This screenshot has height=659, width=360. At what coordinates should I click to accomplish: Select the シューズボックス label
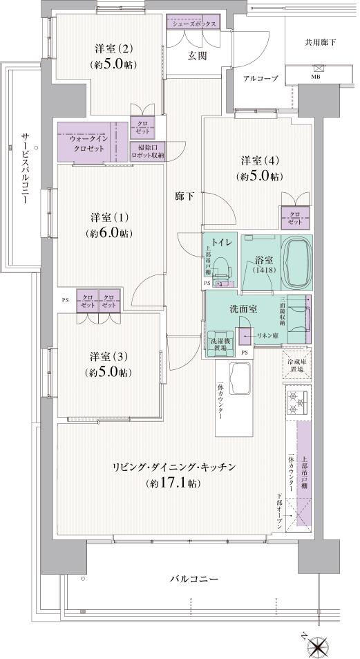[193, 24]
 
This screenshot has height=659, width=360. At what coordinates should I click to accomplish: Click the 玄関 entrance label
[196, 56]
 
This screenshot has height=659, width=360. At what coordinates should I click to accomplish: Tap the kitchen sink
[241, 379]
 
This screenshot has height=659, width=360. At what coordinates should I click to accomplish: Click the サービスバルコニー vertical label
[24, 165]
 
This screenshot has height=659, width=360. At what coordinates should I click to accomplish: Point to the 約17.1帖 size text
[173, 483]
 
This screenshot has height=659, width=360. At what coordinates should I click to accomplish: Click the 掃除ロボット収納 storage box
[147, 151]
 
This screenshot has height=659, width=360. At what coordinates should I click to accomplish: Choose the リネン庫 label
[267, 335]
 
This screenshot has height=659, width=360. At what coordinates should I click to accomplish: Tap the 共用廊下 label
[321, 42]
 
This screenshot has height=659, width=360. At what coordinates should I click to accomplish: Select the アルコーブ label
[260, 79]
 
